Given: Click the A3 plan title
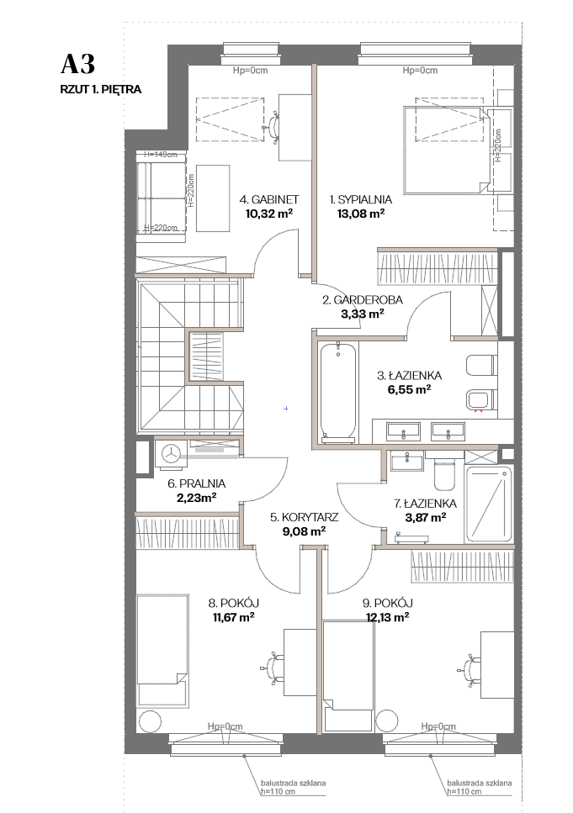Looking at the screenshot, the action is tap(78, 64).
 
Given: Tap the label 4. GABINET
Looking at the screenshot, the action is tap(269, 199).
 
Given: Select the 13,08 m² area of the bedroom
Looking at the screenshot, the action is tap(361, 213).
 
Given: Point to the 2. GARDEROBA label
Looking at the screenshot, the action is tap(363, 299).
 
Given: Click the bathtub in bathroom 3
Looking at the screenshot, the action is tap(338, 393).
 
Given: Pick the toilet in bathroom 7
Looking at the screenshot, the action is tap(443, 473).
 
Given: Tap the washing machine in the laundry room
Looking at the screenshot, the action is tap(170, 454).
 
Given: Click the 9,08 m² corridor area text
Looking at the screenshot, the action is tap(304, 531).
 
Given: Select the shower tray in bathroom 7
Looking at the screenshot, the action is tap(488, 504).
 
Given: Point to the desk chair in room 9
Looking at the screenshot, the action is tap(470, 670).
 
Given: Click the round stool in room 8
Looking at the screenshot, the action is tap(150, 721).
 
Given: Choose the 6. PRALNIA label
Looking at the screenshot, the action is tap(196, 483).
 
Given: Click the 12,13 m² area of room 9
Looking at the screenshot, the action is tap(387, 617).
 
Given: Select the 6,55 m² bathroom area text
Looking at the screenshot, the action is tap(409, 389).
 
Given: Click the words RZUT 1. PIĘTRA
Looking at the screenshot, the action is tap(101, 89).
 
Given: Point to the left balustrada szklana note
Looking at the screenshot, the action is tap(293, 787).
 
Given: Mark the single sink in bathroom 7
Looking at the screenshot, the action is tap(407, 461).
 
